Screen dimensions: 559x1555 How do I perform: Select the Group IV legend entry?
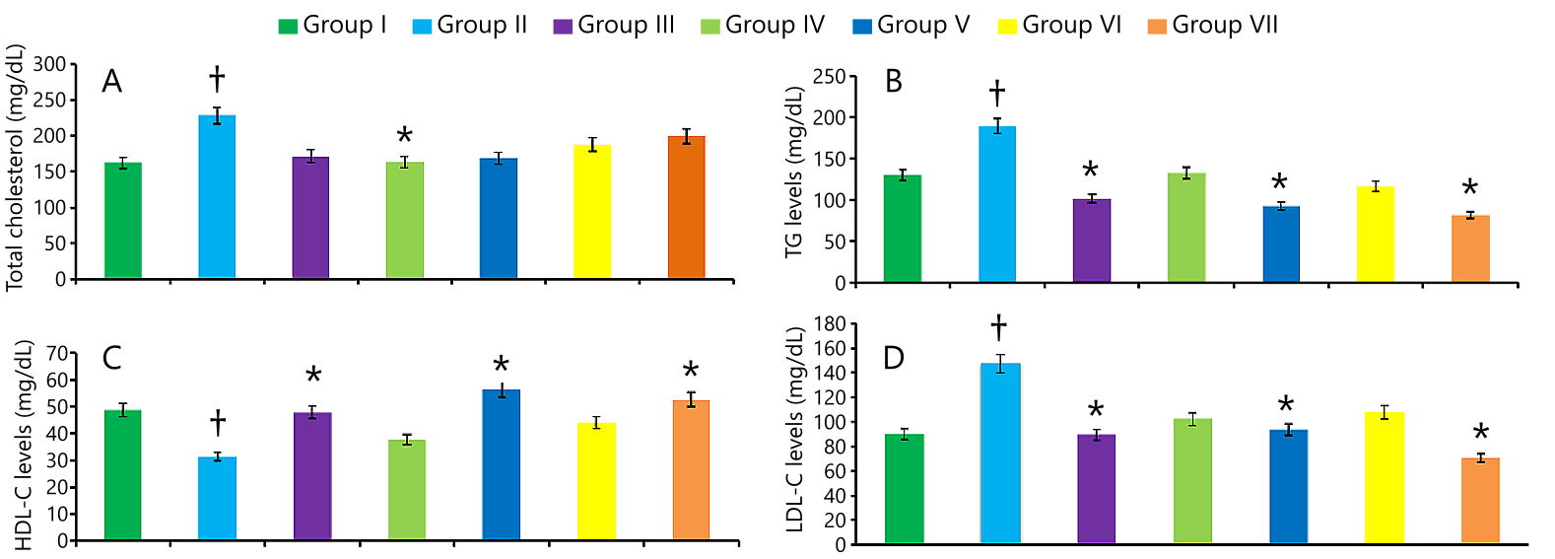pos(763,26)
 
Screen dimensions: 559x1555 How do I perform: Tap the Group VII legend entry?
pos(1213,26)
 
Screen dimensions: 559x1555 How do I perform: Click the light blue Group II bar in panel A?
pos(217,197)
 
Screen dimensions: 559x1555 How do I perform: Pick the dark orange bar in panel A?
pos(686,208)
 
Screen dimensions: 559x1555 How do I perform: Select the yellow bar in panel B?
pos(1375,235)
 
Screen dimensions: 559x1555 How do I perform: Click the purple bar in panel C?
pos(312,476)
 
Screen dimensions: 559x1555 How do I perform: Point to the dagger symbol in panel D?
pos(998,326)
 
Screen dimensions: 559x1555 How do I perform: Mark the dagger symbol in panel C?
pos(218,423)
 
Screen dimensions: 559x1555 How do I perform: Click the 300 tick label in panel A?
pos(49,65)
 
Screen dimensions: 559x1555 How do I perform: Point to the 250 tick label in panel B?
pos(829,77)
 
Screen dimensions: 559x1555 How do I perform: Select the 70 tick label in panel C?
pos(57,354)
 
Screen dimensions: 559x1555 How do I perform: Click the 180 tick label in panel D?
pos(829,324)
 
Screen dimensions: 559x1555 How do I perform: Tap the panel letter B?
pos(894,82)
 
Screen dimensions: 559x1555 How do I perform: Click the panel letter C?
pos(112,358)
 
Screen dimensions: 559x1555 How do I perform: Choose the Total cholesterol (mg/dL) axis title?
pos(16,168)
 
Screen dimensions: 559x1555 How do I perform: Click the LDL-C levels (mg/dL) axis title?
pos(795,430)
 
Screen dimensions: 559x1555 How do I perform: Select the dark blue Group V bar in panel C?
pos(501,464)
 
